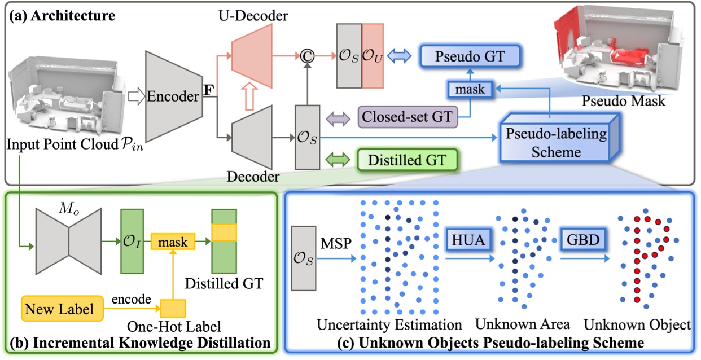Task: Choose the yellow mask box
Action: pyautogui.click(x=172, y=242)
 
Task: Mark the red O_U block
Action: pyautogui.click(x=372, y=56)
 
